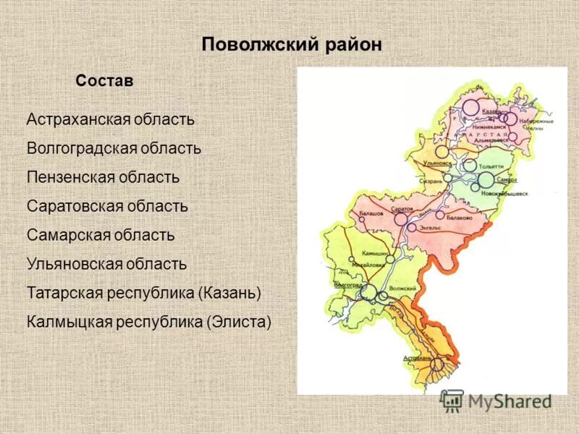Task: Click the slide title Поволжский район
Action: pos(291,44)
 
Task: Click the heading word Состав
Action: pos(104,81)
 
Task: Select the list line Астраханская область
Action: pos(110,119)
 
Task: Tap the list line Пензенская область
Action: pos(103,176)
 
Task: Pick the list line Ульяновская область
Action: pos(106,264)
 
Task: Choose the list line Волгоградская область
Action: pos(114,148)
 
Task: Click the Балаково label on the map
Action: pos(459,216)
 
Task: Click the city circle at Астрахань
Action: pos(436,364)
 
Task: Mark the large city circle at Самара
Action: pos(486,179)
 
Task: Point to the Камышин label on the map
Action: pos(375,255)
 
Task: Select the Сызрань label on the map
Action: pos(431,181)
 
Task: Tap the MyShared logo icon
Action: pos(452,401)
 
